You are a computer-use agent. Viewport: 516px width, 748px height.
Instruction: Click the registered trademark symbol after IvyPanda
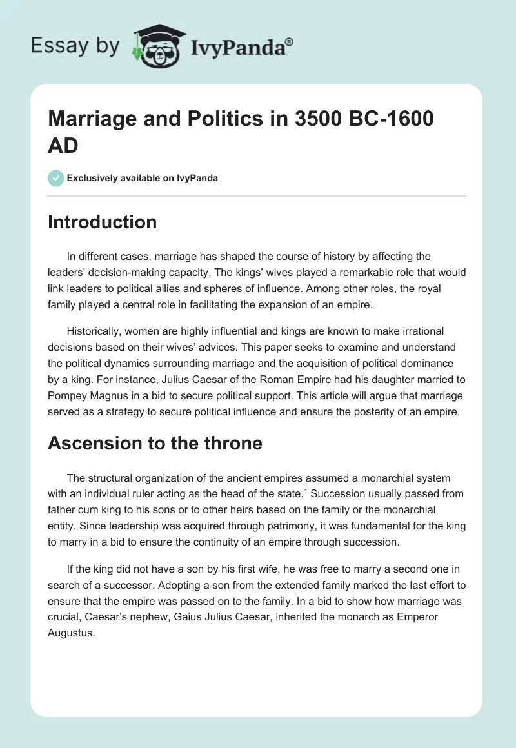(x=289, y=42)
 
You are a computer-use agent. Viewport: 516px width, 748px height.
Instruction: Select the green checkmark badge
(x=56, y=178)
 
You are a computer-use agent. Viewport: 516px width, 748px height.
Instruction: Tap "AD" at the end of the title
(x=63, y=145)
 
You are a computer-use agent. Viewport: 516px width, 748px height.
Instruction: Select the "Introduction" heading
(x=103, y=222)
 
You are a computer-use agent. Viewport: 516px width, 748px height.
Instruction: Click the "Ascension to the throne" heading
(x=155, y=443)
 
